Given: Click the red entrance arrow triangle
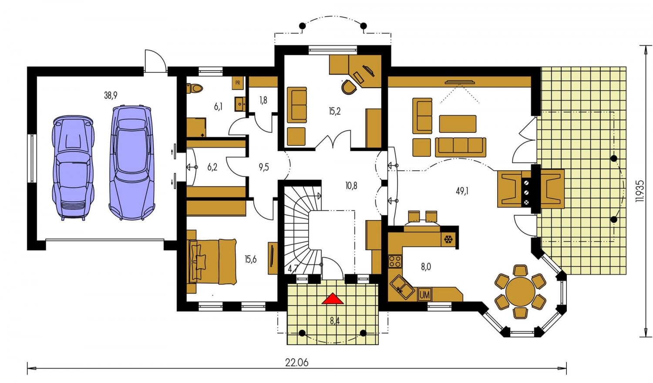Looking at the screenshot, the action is pos(333,299).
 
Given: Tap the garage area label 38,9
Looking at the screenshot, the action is pos(111,95).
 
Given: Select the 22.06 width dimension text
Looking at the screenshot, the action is pos(296,363).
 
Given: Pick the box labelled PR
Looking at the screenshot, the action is pos(238,83).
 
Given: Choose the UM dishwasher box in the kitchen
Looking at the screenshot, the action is pos(424,295).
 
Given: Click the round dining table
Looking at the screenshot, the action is pos(520,291).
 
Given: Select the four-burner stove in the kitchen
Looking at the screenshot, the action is pos(395,261).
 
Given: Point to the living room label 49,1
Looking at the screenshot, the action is pos(462,191).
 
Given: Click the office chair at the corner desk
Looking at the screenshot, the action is pos(348,87).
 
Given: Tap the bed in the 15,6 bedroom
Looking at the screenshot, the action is pos(212,261).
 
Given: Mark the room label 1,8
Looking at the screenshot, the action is pos(263,100).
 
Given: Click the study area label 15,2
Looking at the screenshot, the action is pos(335,111).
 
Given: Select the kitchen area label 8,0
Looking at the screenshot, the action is pos(426,267).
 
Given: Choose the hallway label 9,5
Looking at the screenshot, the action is pos(263,167).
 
